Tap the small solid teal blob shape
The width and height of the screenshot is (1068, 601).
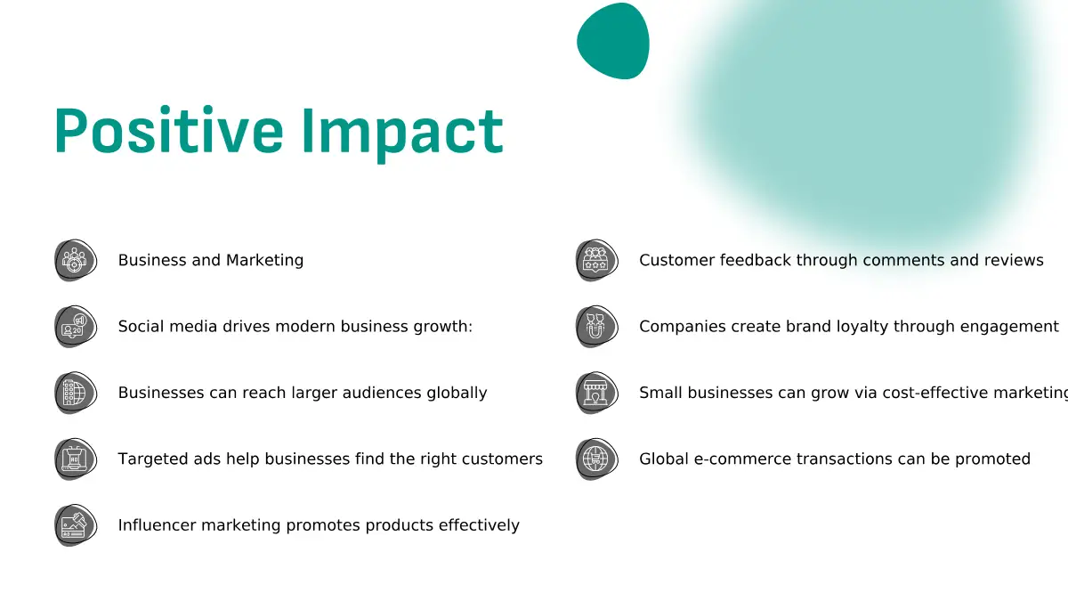click(613, 41)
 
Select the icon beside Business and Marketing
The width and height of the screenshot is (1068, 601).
click(76, 260)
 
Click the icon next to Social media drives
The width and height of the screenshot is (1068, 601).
click(76, 327)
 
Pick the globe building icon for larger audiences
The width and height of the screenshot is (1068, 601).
click(76, 393)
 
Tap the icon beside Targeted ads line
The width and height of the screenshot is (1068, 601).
click(76, 459)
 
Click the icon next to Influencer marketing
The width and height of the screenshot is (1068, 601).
click(76, 525)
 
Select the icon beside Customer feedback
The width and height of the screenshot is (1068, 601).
click(596, 260)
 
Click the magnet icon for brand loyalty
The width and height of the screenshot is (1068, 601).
click(596, 327)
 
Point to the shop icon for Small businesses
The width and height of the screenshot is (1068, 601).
click(596, 393)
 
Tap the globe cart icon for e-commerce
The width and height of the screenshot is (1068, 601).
click(596, 459)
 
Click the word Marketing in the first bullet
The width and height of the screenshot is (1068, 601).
click(264, 261)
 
